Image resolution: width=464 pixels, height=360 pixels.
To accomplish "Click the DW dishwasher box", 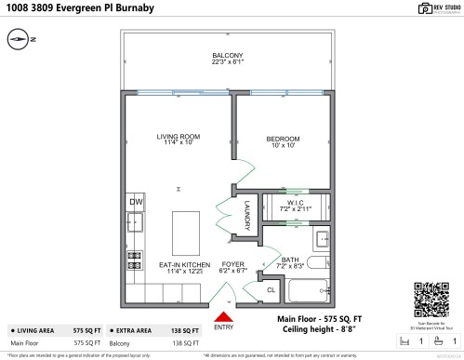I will click(x=136, y=201).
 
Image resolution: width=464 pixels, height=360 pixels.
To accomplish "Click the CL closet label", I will click(x=271, y=290).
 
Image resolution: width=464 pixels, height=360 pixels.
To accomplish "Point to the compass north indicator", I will click(x=21, y=40).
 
